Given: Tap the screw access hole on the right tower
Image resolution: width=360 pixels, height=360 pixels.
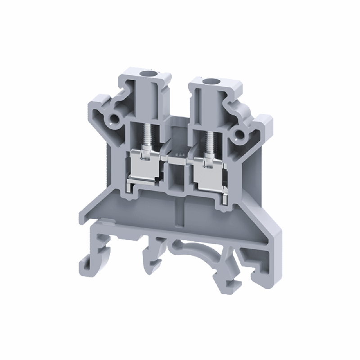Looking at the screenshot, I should coord(209,81).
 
